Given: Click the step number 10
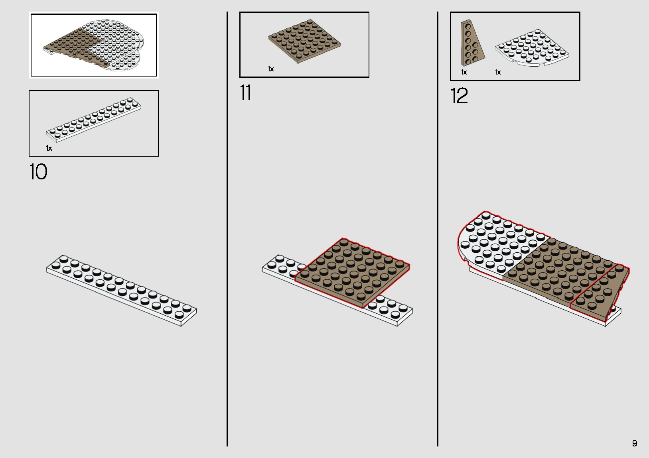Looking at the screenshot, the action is (x=38, y=171).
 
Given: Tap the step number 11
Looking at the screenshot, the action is (x=245, y=92).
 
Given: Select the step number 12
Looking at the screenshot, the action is (x=459, y=96).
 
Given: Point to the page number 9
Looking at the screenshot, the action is (x=635, y=443).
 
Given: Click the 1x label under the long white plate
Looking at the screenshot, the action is (x=49, y=148).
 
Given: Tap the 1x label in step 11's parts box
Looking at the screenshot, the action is (x=270, y=69).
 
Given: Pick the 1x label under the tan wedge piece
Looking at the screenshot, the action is (x=464, y=72).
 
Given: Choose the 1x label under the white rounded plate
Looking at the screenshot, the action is (x=498, y=72).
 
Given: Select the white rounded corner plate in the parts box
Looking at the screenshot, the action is (x=532, y=49).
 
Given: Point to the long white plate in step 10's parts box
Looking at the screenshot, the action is (x=94, y=120).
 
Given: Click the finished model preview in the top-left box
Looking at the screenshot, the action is (x=93, y=45).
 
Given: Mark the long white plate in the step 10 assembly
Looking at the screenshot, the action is (x=121, y=291).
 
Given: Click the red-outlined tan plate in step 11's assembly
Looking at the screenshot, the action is (x=352, y=273).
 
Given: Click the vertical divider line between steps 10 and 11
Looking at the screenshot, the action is (x=227, y=229).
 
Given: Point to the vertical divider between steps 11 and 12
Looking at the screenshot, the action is (x=438, y=229).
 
